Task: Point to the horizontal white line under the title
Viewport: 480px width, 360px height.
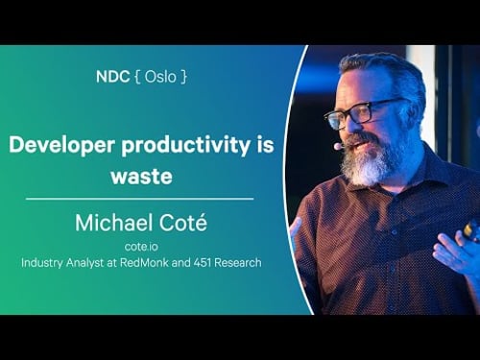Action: click(x=140, y=199)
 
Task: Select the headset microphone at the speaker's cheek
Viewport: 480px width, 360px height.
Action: click(x=339, y=147)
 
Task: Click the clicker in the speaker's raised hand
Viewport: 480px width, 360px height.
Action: click(x=470, y=229)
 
